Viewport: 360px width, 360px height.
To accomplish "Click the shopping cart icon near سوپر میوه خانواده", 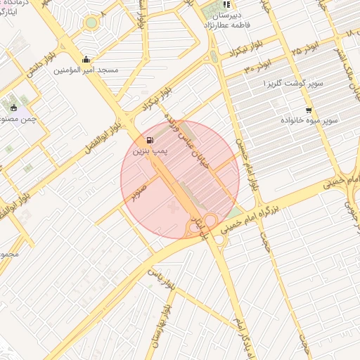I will pyautogui.click(x=308, y=110).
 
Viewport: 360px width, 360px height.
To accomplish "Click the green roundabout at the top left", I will pyautogui.click(x=91, y=22).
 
